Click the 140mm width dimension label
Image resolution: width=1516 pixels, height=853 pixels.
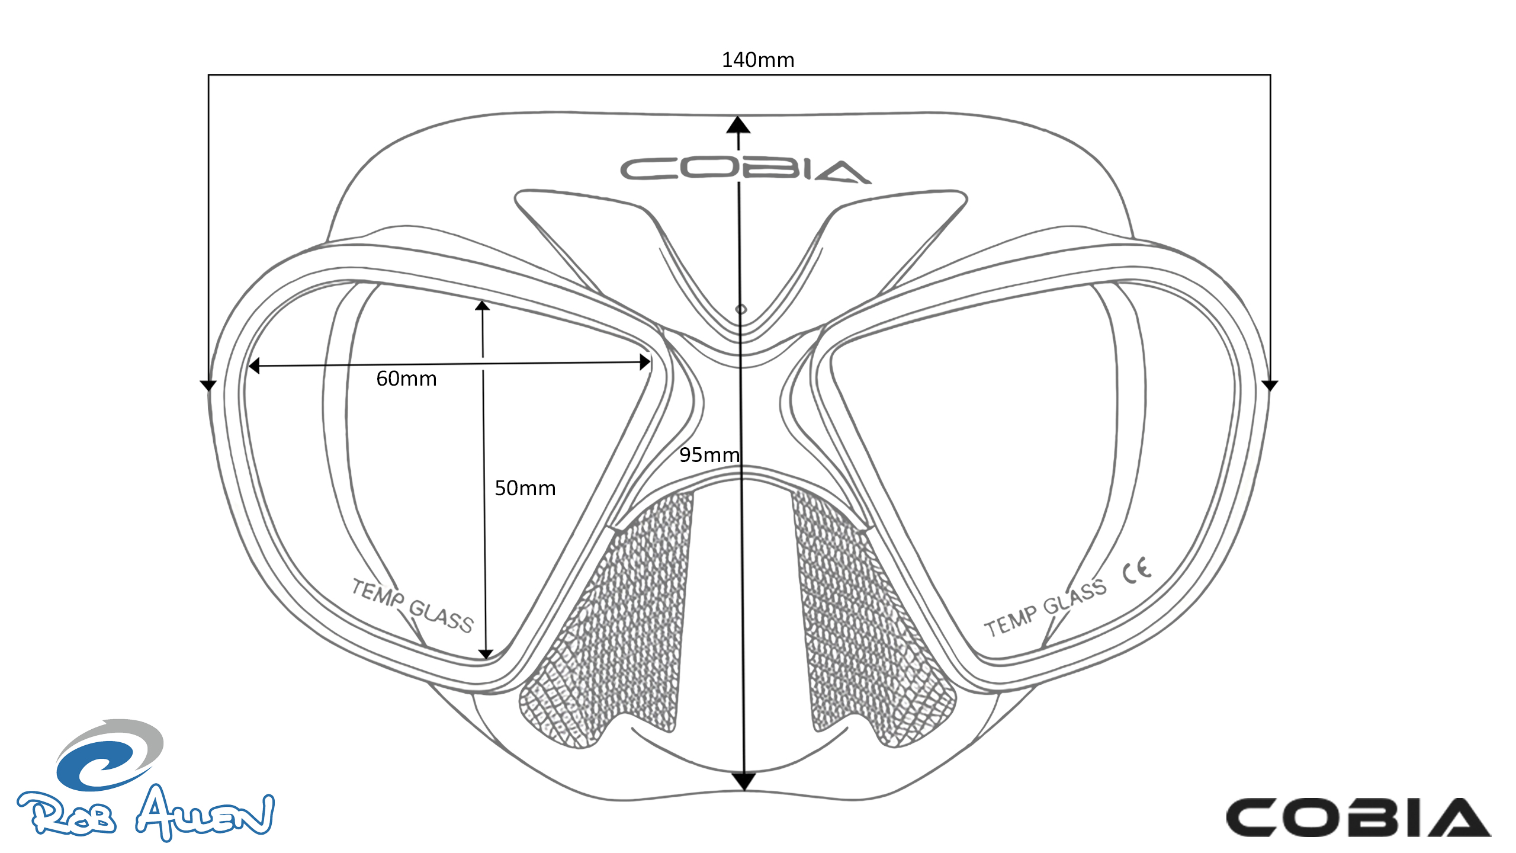click(758, 60)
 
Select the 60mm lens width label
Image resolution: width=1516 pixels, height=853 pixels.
click(406, 379)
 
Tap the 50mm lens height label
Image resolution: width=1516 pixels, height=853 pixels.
click(525, 488)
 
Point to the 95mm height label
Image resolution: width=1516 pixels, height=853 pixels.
click(709, 455)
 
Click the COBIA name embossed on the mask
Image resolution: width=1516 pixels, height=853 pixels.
click(745, 170)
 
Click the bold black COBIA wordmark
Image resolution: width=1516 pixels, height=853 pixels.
click(1358, 817)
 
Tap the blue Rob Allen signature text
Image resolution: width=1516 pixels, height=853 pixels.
click(146, 813)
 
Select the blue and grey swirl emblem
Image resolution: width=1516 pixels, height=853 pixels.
click(110, 755)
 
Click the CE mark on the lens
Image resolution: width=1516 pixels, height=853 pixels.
click(1137, 570)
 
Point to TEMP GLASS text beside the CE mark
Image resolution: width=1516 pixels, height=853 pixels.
click(1045, 607)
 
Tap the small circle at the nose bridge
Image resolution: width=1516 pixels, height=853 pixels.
click(741, 309)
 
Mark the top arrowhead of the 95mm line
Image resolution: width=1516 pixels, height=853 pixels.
click(738, 124)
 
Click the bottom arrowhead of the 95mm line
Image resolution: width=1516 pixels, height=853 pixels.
click(744, 781)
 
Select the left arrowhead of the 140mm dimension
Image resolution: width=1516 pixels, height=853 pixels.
click(208, 386)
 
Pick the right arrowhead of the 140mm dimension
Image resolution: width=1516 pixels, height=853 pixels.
click(1270, 386)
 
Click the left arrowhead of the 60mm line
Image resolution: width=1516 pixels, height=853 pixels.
click(254, 366)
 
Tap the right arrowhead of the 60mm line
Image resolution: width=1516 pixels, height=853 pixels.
click(645, 362)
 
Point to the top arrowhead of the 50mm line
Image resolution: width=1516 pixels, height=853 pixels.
click(483, 306)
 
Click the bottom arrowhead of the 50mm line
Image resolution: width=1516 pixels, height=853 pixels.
click(486, 654)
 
